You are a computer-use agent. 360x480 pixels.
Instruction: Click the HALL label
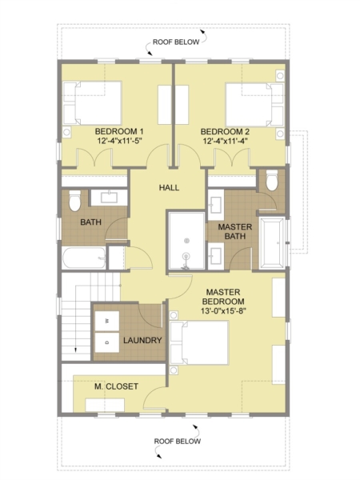coord(169,187)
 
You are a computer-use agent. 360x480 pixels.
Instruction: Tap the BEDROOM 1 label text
coord(119,132)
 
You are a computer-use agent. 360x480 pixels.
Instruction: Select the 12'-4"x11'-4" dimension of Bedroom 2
coord(225,141)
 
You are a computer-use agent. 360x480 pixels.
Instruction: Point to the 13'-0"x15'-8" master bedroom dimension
coord(223,310)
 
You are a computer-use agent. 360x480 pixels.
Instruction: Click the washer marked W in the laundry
coord(107,321)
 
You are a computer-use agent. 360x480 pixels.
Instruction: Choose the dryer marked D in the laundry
coord(107,342)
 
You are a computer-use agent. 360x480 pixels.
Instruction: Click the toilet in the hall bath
coord(74,201)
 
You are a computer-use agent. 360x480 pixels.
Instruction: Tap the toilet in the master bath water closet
coord(271,180)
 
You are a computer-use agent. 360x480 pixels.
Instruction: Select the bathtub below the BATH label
coord(84,258)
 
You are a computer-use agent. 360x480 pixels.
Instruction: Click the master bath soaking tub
coord(272,243)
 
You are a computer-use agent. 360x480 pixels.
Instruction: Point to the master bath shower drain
coord(186,256)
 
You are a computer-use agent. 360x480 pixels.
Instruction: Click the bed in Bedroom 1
coord(93,103)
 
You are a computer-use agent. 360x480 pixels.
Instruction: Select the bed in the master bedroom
coord(199,342)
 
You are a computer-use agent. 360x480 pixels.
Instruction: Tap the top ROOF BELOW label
coord(176,42)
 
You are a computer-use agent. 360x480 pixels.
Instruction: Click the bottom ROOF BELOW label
coord(178,441)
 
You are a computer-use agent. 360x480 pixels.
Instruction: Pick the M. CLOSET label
coord(116,386)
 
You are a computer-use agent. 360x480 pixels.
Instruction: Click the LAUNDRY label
coord(142,340)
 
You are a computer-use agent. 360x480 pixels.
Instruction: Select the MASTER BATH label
coord(234,231)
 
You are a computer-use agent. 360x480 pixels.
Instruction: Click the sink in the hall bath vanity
coord(110,198)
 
